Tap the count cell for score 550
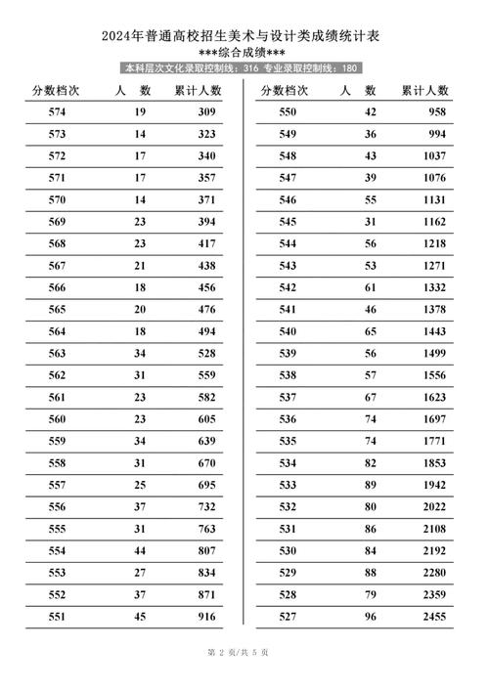(x=370, y=112)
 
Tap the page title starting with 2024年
(x=244, y=36)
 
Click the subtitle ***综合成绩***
(x=244, y=53)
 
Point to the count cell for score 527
(x=370, y=617)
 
